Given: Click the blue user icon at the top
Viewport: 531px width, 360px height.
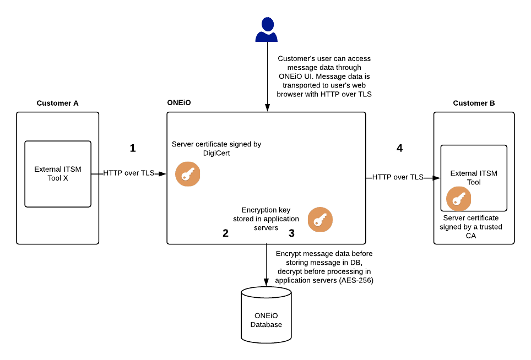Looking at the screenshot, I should point(267,30).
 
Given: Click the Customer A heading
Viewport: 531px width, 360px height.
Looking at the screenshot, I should point(57,103).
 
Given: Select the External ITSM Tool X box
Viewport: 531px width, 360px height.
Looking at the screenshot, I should point(58,174).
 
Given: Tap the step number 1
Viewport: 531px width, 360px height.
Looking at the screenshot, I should point(132,148).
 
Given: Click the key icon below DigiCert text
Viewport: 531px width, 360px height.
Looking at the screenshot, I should point(187,174).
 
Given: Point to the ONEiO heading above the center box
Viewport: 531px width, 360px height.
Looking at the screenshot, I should point(178,103).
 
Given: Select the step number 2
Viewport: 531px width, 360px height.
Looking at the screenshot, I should point(225,233).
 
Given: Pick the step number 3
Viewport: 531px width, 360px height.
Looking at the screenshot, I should point(291,233).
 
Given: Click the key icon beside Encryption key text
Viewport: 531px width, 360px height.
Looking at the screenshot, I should point(319,220).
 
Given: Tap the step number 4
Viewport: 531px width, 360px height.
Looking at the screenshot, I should point(399,148).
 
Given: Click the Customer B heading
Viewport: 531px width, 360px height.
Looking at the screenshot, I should point(474,103).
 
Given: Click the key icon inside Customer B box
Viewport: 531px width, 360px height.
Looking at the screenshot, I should point(458,199).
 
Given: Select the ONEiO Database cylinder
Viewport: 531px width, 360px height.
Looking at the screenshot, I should point(266,315).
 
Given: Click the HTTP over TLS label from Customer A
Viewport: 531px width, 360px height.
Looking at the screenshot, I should point(128,173).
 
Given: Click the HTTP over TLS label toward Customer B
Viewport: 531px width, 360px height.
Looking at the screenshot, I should point(398,177).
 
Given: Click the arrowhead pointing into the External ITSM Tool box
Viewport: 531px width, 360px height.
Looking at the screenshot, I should point(437,178).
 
